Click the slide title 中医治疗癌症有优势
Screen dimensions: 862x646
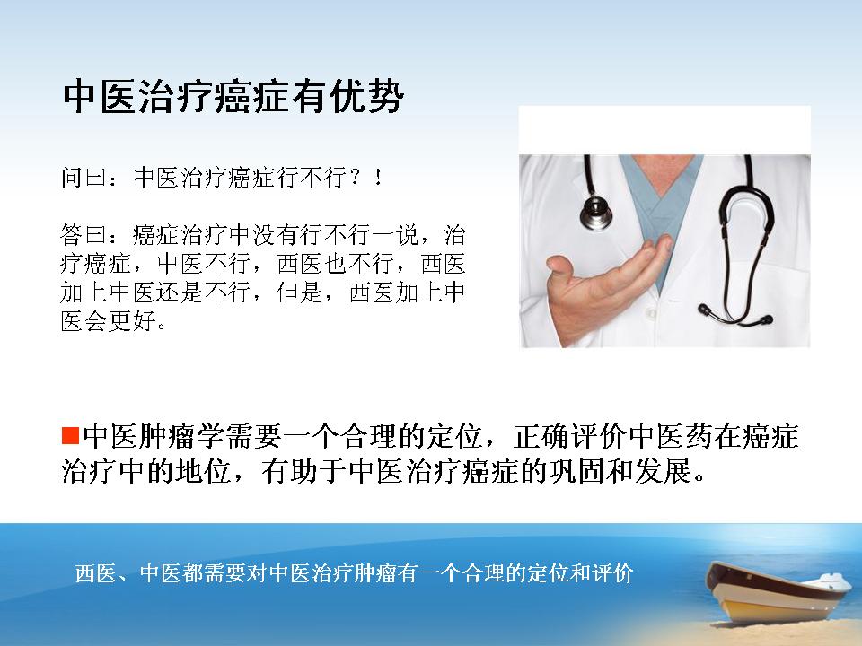coord(233,97)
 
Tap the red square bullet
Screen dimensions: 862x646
coord(71,436)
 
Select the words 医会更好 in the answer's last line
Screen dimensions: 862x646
coord(109,321)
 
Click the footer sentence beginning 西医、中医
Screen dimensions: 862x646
coord(355,573)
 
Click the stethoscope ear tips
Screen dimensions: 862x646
coord(735,314)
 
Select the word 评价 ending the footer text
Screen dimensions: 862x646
coord(613,573)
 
